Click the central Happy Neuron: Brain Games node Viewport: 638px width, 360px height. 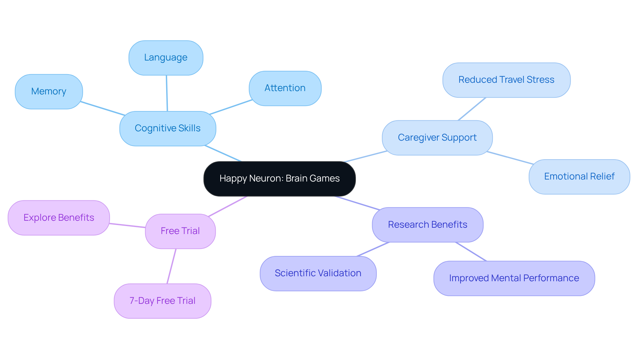pos(279,179)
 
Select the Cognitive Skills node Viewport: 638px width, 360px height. pos(167,129)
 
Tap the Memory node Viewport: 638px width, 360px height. pos(49,92)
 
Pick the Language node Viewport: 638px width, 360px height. pos(166,58)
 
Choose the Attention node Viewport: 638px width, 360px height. pos(285,88)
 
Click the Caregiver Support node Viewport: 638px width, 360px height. pos(437,138)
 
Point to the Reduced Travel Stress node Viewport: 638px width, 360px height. pos(506,80)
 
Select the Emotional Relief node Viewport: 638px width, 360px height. pos(579,177)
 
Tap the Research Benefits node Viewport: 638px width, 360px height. pos(427,225)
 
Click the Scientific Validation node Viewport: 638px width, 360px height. pos(318,274)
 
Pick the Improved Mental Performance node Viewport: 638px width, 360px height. pos(514,279)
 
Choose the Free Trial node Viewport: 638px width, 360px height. pos(180,231)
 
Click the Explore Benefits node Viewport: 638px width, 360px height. pos(59,218)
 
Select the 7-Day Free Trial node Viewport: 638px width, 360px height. pos(162,301)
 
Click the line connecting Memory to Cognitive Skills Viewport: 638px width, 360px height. pos(103,109)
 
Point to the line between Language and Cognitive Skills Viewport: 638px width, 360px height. pos(167,93)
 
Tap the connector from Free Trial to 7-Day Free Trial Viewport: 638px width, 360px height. pos(171,266)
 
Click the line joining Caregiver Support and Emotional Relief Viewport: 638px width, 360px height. pos(510,158)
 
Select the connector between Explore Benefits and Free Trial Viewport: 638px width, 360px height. pos(127,226)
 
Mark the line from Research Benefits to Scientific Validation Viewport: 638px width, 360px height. pos(373,249)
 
